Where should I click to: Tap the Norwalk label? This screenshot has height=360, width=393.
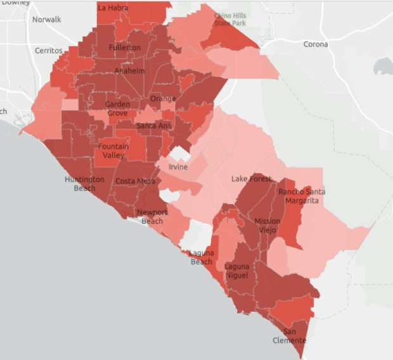coord(47,19)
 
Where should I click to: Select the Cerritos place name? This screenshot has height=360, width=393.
coord(49,50)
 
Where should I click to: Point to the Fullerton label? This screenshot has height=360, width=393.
coord(125,48)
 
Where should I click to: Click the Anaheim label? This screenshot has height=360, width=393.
coord(129,71)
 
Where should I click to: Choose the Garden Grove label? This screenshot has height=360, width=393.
coord(117,108)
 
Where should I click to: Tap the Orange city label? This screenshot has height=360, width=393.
coord(163,99)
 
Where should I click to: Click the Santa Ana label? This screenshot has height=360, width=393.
coord(154,125)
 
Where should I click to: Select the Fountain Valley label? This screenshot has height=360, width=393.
coord(113,151)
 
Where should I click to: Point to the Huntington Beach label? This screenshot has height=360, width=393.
coord(84,184)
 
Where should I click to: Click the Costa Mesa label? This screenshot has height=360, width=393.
coord(135,181)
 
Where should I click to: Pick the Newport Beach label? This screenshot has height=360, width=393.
coord(152,216)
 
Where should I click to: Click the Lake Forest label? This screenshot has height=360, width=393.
coord(251,179)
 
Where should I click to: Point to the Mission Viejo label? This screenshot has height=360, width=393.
coord(267,225)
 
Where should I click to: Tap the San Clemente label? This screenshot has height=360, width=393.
coord(294,336)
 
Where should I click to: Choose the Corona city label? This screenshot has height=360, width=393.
coord(316,44)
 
